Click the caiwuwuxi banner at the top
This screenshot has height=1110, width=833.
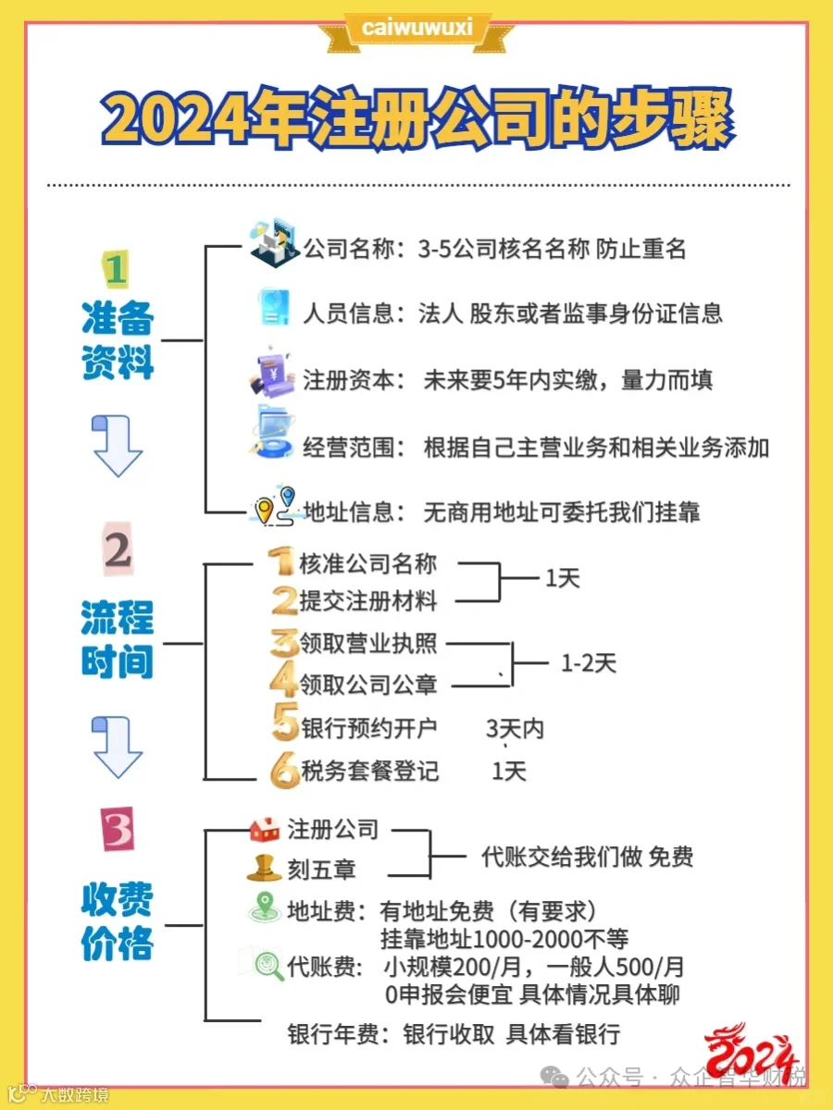416,28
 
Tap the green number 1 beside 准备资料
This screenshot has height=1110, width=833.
116,270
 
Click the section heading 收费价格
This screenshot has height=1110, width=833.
117,921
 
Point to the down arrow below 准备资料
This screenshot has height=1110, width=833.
117,445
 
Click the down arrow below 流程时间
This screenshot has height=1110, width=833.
117,745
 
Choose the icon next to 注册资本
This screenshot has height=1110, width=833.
272,376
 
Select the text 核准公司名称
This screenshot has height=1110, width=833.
367,563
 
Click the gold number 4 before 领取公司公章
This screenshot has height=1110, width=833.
283,683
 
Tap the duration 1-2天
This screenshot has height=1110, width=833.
588,663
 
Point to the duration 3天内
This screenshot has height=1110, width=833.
515,729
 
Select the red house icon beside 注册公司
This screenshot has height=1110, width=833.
266,829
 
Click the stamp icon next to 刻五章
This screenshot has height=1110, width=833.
265,869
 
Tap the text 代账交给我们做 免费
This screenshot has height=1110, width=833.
587,857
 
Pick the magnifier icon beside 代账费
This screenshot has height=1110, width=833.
269,966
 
